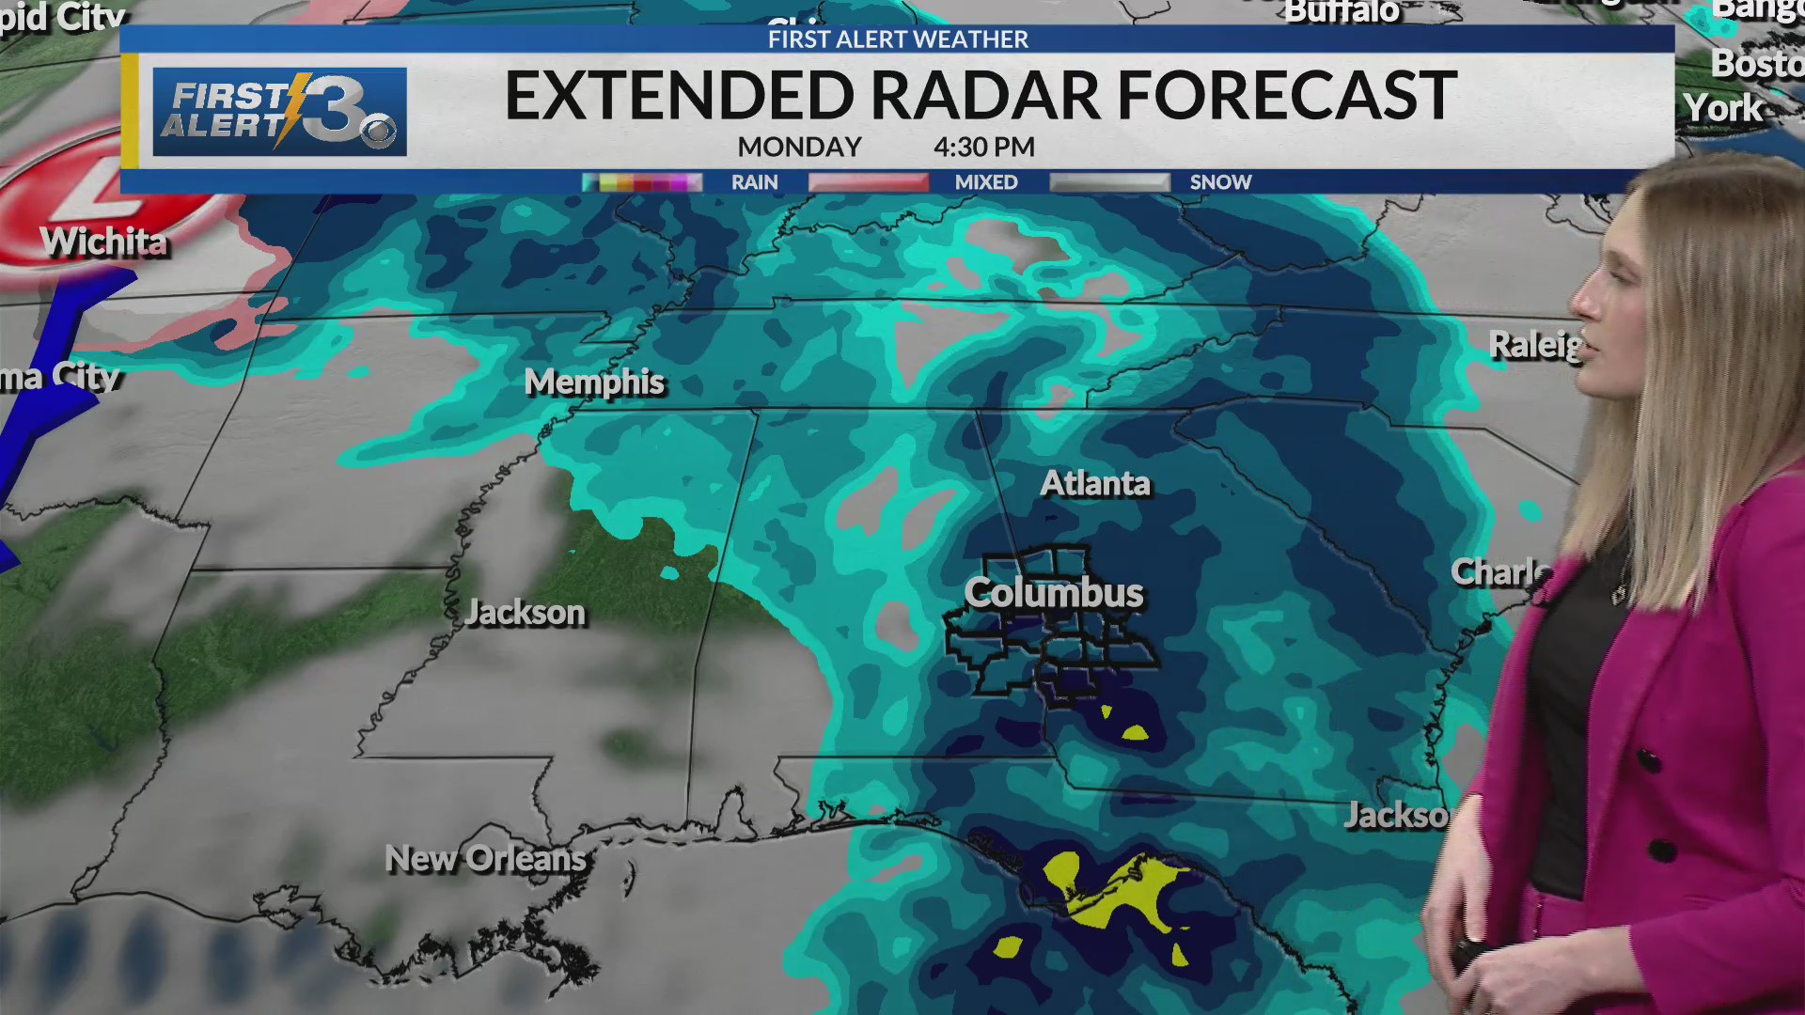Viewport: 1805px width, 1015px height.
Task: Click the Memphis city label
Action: [x=594, y=383]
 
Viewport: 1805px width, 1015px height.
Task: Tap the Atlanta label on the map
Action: [x=1095, y=483]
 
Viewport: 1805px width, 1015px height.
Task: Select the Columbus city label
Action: [x=1054, y=593]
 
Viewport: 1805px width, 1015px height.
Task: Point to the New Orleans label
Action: [x=485, y=858]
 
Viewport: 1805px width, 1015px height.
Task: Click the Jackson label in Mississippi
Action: [x=526, y=613]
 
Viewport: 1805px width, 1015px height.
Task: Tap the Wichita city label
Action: [x=104, y=242]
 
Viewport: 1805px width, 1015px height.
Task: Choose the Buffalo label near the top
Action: [x=1342, y=12]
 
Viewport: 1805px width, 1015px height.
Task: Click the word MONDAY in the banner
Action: [x=799, y=148]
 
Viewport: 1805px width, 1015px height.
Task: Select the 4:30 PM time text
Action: [x=983, y=148]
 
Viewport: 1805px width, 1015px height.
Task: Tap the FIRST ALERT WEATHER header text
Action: [x=898, y=39]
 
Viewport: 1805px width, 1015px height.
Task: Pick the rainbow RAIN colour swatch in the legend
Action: [x=642, y=182]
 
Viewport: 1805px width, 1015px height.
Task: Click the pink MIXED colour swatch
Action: [x=869, y=182]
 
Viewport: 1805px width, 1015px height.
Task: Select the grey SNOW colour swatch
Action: [x=1109, y=182]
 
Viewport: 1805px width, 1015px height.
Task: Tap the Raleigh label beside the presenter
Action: [x=1535, y=345]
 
